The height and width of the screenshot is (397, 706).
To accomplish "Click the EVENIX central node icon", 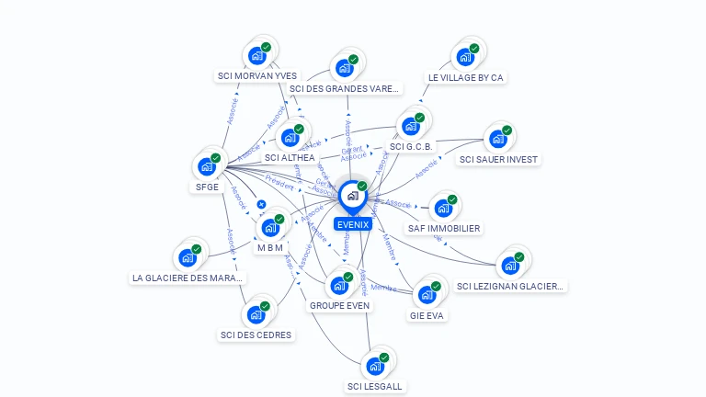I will pyautogui.click(x=352, y=196).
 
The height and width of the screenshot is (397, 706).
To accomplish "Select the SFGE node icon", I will pyautogui.click(x=207, y=168).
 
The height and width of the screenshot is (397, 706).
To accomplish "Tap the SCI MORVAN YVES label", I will pyautogui.click(x=257, y=76).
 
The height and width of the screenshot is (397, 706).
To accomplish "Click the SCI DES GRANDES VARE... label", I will pyautogui.click(x=345, y=89).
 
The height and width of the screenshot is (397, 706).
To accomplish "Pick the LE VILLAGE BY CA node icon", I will pyautogui.click(x=465, y=56).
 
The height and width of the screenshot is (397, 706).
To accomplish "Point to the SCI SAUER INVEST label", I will pyautogui.click(x=498, y=159).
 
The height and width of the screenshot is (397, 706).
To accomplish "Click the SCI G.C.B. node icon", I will pyautogui.click(x=410, y=126).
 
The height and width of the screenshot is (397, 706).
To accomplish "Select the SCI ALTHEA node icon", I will pyautogui.click(x=290, y=138).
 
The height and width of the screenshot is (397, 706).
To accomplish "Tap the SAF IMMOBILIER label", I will pyautogui.click(x=444, y=228).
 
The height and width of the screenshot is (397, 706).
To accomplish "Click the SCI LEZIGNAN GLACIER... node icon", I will pyautogui.click(x=509, y=267).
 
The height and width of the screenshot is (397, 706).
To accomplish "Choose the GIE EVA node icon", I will pyautogui.click(x=427, y=295).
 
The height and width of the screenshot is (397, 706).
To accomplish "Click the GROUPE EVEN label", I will pyautogui.click(x=339, y=305).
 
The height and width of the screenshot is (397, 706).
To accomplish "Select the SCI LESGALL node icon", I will pyautogui.click(x=374, y=366).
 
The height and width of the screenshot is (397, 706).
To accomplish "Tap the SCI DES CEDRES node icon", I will pyautogui.click(x=256, y=314).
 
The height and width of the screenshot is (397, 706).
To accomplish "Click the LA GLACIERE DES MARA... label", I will pyautogui.click(x=188, y=277).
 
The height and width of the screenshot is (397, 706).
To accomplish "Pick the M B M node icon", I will pyautogui.click(x=270, y=227).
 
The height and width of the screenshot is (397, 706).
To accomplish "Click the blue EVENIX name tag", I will pyautogui.click(x=353, y=224).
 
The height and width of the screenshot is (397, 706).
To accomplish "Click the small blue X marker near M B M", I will pyautogui.click(x=261, y=204).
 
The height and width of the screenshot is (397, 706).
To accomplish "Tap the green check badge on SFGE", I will pyautogui.click(x=216, y=158).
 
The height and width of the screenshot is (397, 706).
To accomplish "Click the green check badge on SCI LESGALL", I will pyautogui.click(x=383, y=357).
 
